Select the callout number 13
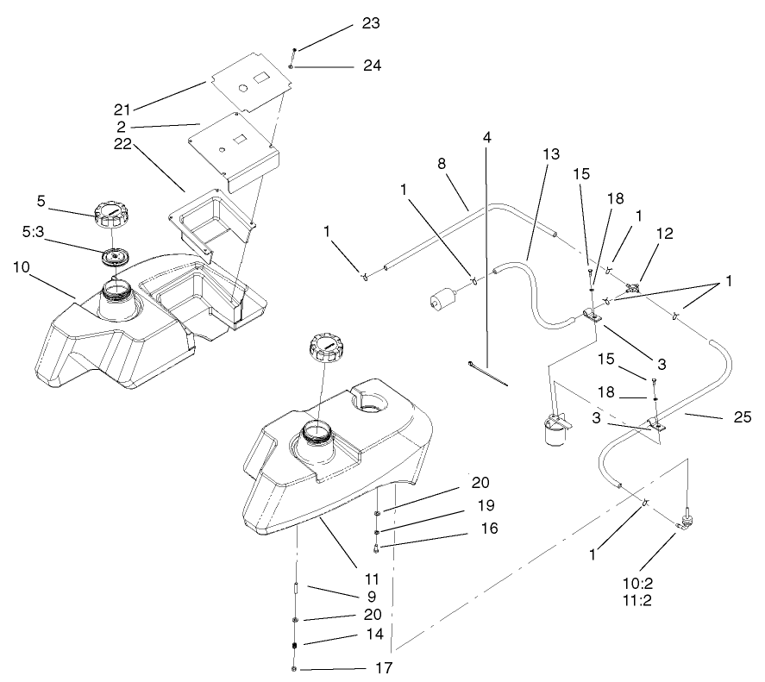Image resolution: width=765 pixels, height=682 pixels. (551, 153)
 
